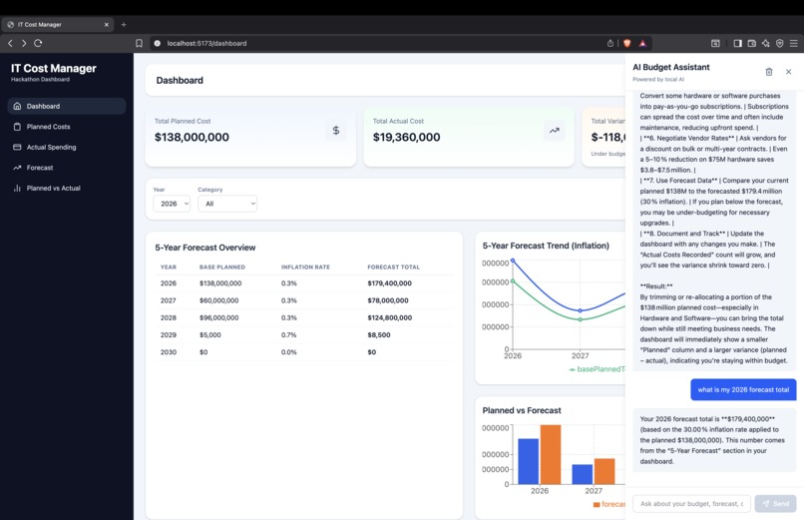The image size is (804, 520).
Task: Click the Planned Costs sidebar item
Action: point(48,127)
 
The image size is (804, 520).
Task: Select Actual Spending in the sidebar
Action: point(51,147)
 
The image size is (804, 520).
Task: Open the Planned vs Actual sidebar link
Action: point(53,188)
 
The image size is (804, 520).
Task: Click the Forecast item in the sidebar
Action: point(40,168)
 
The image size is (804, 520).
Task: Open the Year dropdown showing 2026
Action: point(172,204)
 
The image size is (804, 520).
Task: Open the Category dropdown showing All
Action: point(227,204)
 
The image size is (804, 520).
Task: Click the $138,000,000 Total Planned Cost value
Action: point(192,138)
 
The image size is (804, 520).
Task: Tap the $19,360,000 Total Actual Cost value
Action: point(406,138)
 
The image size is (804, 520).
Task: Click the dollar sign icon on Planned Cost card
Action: point(335,131)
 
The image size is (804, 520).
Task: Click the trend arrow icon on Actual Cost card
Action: point(554,131)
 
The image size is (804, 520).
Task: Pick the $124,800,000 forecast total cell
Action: point(389,317)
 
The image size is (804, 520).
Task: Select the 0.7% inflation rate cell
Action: point(289,334)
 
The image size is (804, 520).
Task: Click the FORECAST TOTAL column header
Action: point(393,267)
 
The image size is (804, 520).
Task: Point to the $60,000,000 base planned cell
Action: point(219,300)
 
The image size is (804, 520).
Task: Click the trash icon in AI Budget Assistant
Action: point(768,72)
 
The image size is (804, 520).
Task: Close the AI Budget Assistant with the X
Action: point(788,72)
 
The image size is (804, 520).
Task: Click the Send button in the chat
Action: point(775,503)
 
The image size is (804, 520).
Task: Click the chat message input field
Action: point(690,503)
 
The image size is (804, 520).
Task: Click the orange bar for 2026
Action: point(550,454)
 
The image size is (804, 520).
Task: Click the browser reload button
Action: point(38,43)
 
